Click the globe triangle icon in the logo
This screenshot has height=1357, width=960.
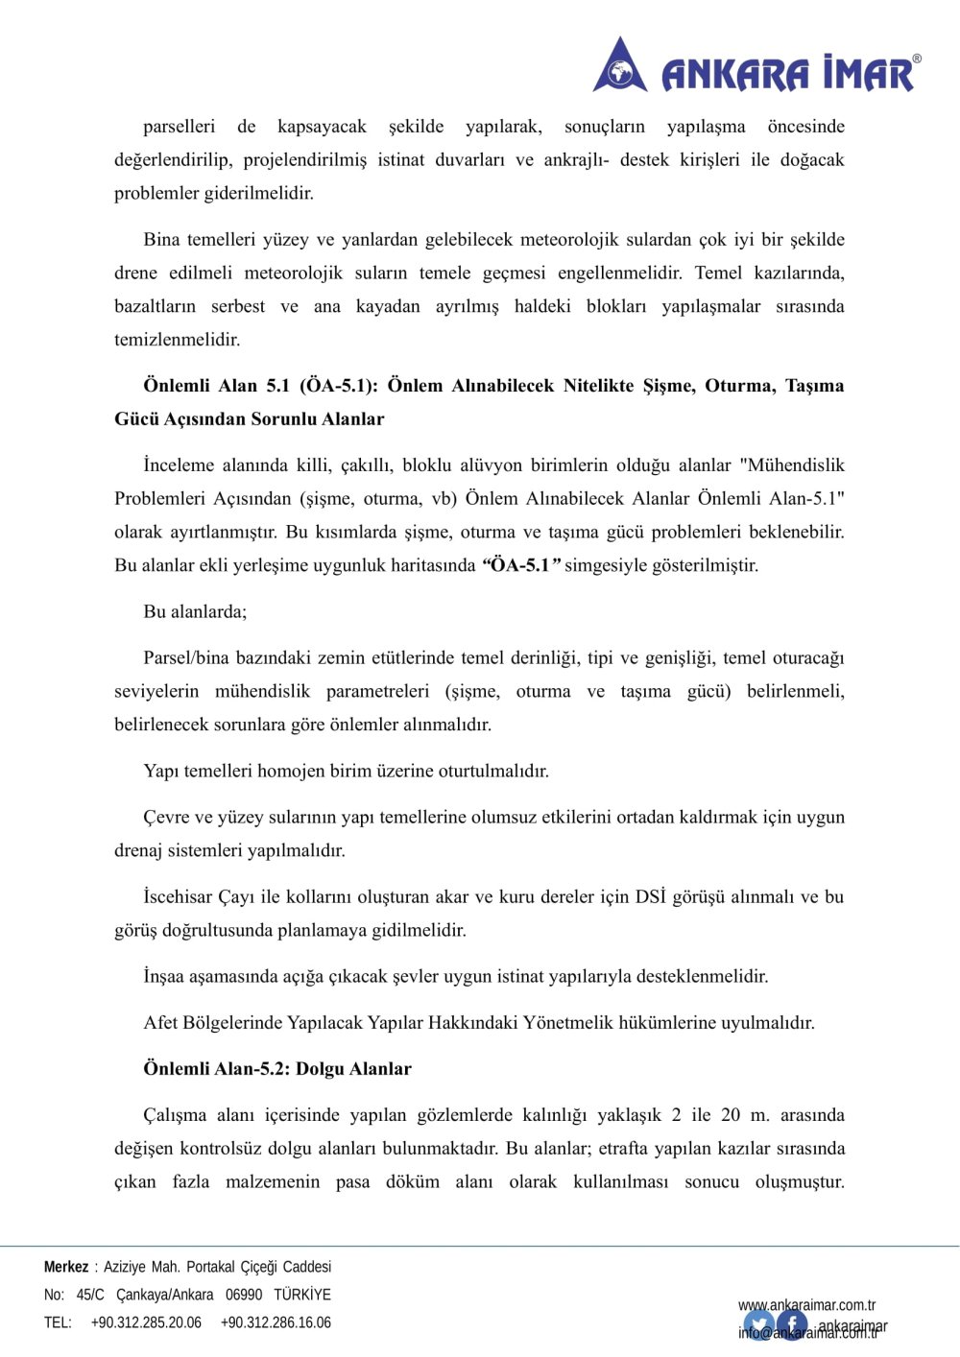(x=620, y=66)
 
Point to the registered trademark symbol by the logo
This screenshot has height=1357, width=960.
(x=917, y=60)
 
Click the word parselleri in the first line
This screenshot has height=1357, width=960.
(x=179, y=127)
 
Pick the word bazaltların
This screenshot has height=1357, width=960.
(x=155, y=306)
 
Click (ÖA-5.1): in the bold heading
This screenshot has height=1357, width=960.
(x=339, y=386)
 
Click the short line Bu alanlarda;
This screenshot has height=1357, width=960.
(x=195, y=611)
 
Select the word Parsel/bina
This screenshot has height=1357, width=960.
(x=187, y=658)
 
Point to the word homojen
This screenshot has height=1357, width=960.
(x=292, y=771)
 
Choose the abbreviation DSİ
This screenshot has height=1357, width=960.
(x=650, y=897)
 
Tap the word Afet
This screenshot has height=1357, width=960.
(x=160, y=1023)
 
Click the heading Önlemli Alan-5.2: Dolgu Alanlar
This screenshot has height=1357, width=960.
(x=277, y=1069)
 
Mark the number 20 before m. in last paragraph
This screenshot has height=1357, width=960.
(x=731, y=1115)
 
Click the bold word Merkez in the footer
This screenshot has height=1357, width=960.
(x=66, y=1267)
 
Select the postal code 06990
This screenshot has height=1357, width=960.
(x=244, y=1295)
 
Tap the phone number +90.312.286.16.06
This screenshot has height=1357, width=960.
(x=276, y=1322)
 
